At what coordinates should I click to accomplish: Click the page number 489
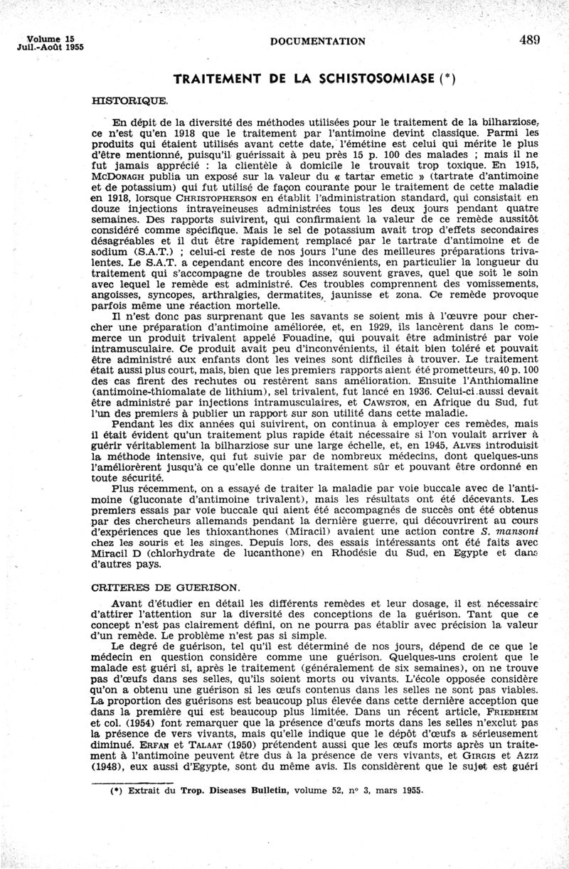coord(530,40)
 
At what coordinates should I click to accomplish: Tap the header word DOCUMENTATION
coord(318,41)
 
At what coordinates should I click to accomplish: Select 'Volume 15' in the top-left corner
coord(50,37)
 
